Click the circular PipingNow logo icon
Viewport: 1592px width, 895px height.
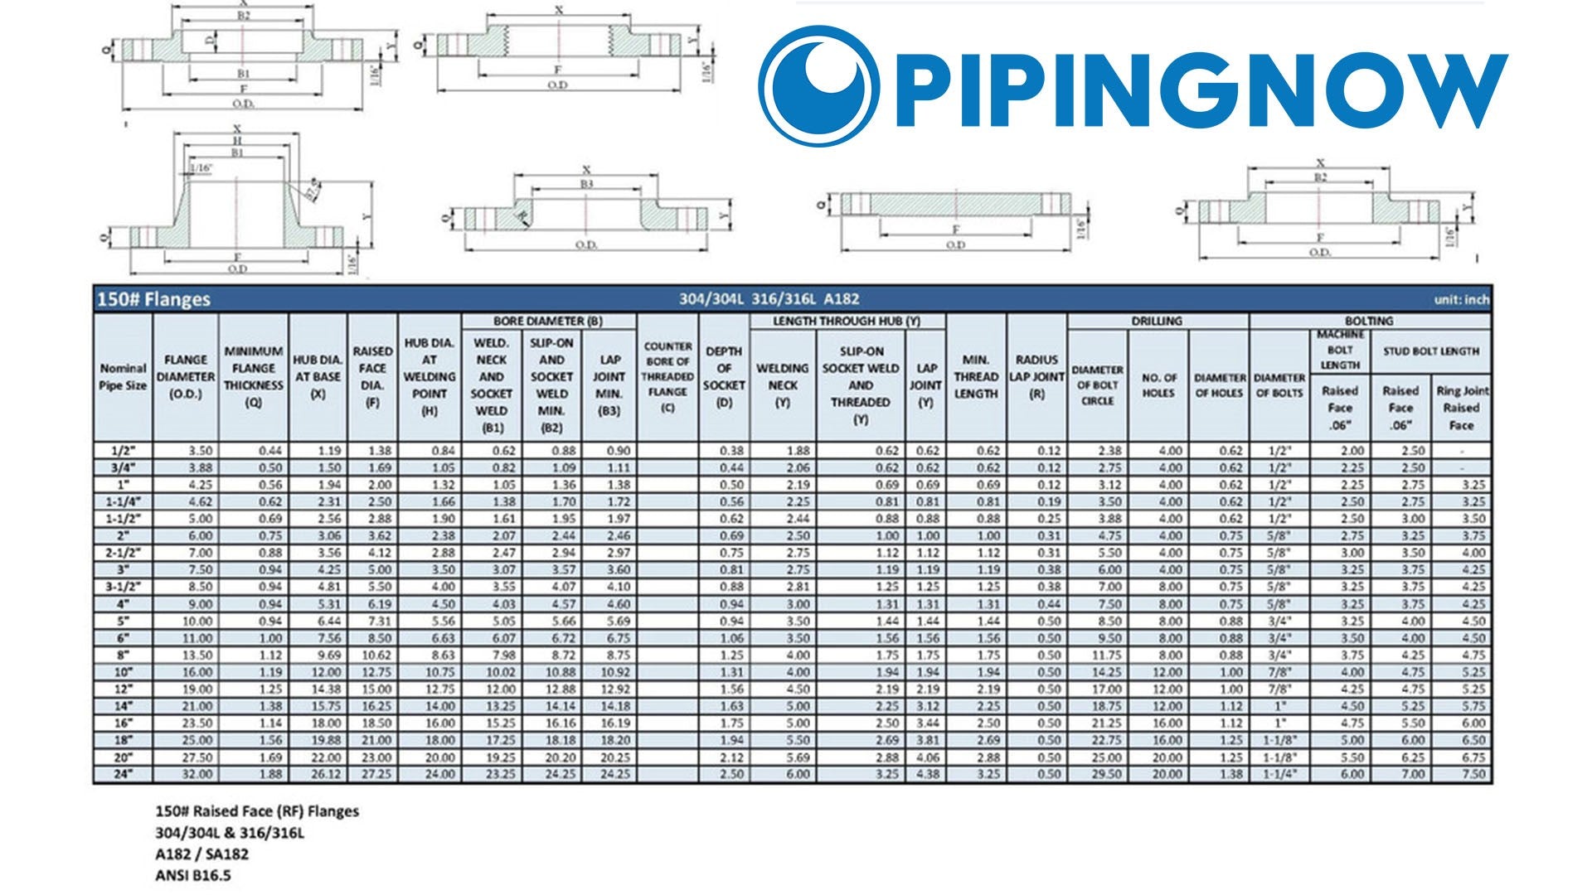(x=819, y=85)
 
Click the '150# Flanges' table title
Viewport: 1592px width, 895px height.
(x=154, y=299)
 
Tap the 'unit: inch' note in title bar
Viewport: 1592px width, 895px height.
(x=1461, y=300)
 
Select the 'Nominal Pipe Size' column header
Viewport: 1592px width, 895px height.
(x=123, y=377)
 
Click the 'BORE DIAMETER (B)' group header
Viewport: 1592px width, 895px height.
(x=548, y=321)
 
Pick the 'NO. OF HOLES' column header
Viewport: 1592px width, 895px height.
(x=1158, y=385)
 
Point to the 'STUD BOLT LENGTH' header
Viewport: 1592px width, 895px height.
(x=1431, y=351)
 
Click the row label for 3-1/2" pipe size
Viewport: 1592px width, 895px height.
(x=123, y=587)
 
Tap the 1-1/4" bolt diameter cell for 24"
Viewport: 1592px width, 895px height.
(x=1279, y=774)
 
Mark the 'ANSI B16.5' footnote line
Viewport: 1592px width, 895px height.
(x=199, y=874)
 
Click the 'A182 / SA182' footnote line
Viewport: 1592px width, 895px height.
(x=201, y=854)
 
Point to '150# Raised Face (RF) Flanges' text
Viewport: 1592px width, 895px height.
(x=257, y=811)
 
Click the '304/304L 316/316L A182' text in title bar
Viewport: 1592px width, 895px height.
(x=769, y=299)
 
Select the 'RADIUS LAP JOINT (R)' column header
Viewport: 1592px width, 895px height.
(x=1036, y=377)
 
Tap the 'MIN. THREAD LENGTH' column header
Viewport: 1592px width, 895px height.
(x=976, y=377)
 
